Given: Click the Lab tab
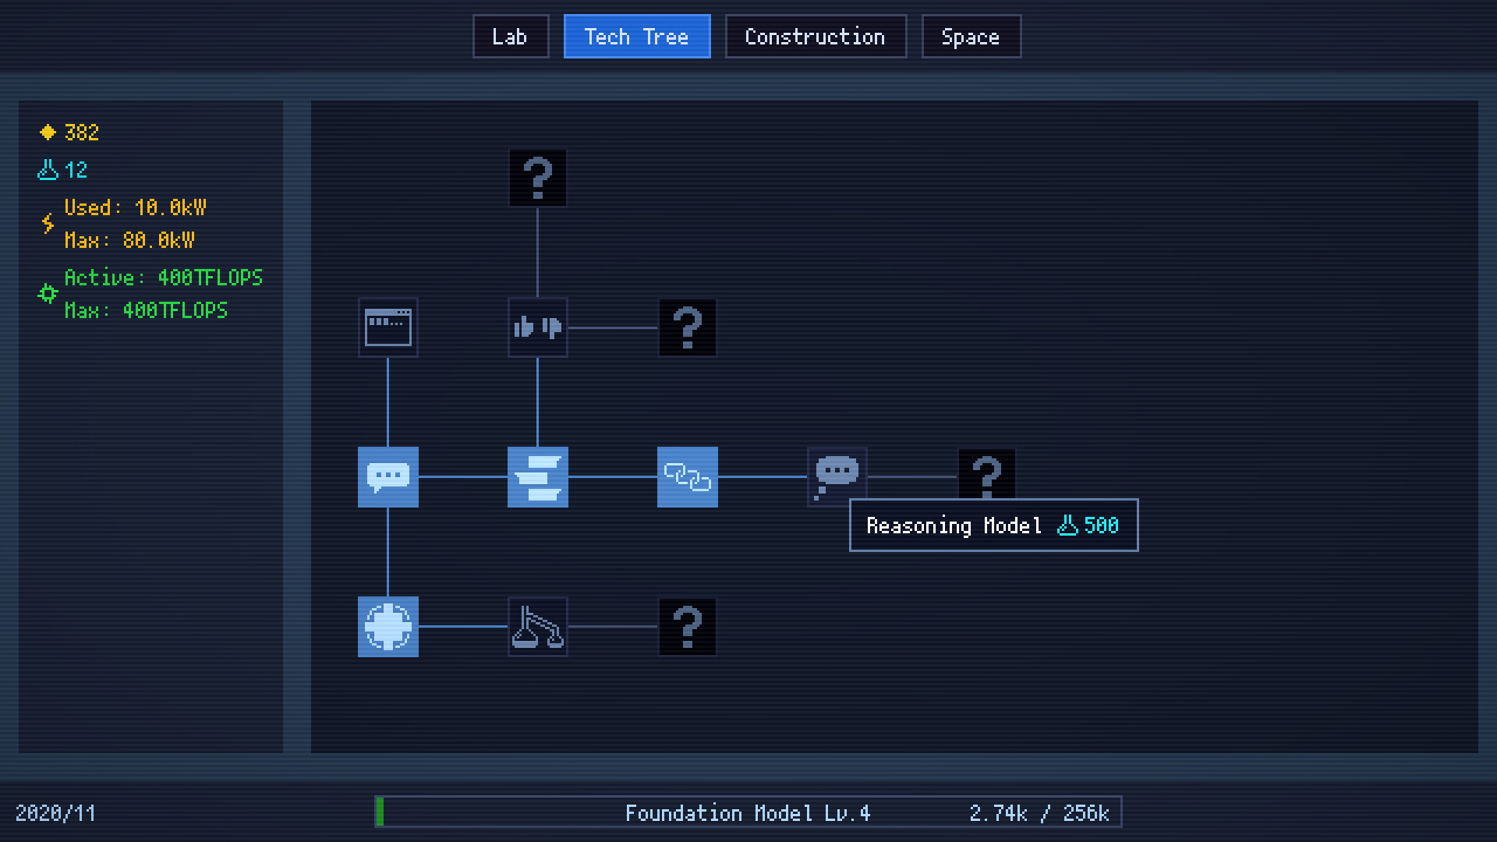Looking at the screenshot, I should click(510, 37).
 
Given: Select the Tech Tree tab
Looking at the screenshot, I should click(636, 37).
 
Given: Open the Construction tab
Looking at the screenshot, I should click(815, 37).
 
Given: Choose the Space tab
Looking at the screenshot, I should click(971, 37).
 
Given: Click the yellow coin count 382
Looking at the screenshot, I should click(81, 133).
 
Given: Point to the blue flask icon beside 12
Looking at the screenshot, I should click(48, 170).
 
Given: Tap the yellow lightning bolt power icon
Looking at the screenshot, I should click(48, 224).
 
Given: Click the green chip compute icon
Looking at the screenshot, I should click(48, 294).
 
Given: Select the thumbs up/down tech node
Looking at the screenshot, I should click(537, 327).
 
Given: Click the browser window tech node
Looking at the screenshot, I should click(388, 327).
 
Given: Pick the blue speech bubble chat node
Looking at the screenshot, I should click(388, 477).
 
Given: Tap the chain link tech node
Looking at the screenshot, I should click(687, 477).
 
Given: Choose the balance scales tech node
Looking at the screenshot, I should click(537, 627).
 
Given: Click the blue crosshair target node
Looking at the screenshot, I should click(388, 627).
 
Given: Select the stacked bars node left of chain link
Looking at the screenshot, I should click(537, 477).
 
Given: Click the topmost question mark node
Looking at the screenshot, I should click(537, 178).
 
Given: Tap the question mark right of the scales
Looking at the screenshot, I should click(687, 627).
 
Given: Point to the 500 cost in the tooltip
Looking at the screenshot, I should click(1100, 525).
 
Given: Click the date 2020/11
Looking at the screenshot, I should click(55, 813).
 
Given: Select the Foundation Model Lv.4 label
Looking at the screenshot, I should click(747, 813).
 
